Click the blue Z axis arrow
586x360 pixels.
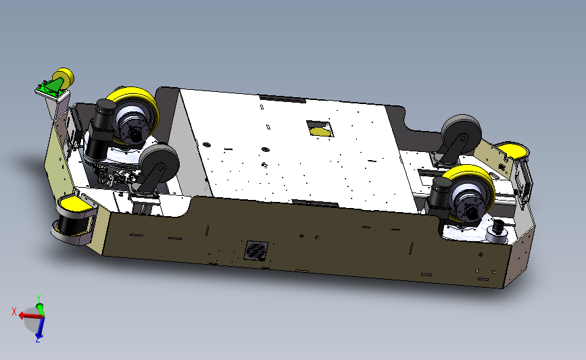tap(39, 332)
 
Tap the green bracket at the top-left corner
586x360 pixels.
tap(51, 86)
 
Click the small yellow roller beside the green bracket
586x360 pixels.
tap(66, 76)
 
